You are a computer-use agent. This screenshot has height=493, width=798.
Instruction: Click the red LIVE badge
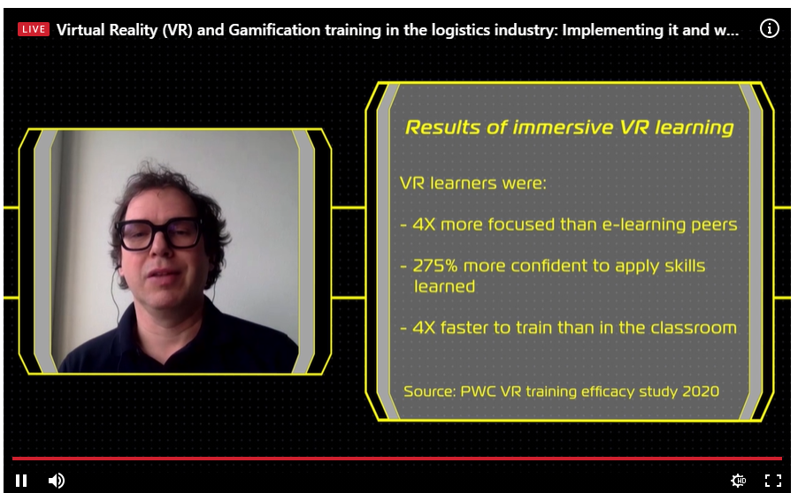[x=34, y=29]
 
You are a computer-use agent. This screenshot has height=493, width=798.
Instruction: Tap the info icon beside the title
[x=769, y=28]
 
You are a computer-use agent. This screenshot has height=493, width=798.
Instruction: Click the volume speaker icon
[x=56, y=481]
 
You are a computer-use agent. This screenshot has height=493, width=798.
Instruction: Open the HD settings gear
[x=738, y=481]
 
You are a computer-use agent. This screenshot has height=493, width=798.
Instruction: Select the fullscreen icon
[x=773, y=481]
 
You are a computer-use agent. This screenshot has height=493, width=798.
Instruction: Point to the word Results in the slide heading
[x=442, y=127]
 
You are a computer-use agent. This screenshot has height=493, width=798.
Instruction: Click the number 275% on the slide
[x=435, y=266]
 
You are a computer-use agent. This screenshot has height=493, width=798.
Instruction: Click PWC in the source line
[x=478, y=391]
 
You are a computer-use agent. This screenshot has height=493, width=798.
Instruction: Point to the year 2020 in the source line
[x=701, y=391]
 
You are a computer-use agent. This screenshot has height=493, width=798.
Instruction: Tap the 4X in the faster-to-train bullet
[x=424, y=328]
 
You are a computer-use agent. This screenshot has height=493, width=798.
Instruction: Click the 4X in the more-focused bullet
[x=424, y=224]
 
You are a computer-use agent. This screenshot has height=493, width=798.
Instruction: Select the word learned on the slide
[x=444, y=286]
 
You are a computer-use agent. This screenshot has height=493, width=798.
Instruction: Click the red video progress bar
[x=397, y=459]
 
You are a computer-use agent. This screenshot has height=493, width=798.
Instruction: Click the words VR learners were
[x=472, y=183]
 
